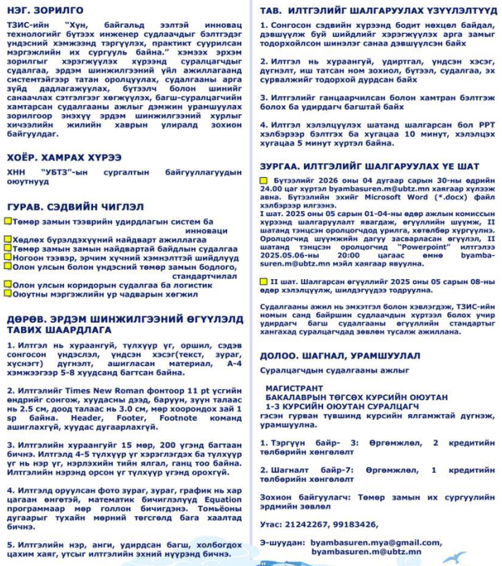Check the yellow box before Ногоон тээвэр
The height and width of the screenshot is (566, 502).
pyautogui.click(x=8, y=256)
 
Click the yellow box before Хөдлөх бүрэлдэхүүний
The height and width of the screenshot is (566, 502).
pyautogui.click(x=8, y=239)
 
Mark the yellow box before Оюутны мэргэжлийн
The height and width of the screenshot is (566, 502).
pyautogui.click(x=8, y=294)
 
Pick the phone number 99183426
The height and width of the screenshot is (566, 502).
pyautogui.click(x=359, y=524)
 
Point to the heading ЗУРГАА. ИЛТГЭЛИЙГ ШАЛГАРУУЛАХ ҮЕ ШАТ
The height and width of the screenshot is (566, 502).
pyautogui.click(x=369, y=166)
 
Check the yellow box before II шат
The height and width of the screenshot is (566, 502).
pyautogui.click(x=264, y=281)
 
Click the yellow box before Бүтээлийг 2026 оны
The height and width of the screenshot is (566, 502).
pyautogui.click(x=264, y=181)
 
